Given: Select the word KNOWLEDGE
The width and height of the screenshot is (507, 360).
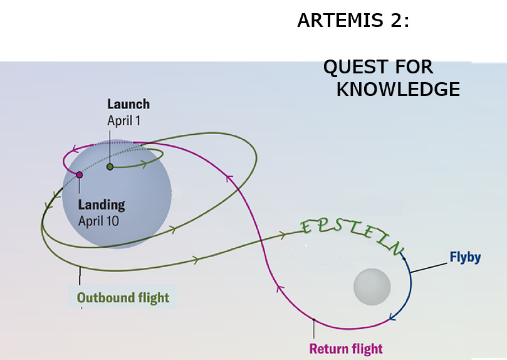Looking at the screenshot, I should (398, 90).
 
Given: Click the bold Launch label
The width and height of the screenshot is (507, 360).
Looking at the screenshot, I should (128, 104).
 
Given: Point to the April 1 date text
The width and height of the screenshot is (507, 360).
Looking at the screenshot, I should (124, 120).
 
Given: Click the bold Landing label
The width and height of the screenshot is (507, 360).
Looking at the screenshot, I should (102, 204).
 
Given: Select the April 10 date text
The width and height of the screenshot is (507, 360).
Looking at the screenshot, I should (98, 221).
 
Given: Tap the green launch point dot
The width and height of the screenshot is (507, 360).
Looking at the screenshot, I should (110, 167).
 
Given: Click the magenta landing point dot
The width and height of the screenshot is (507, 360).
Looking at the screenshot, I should (79, 175).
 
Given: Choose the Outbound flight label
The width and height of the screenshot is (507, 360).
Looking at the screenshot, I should (123, 297).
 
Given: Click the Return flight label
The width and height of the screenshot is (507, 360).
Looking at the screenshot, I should (346, 349).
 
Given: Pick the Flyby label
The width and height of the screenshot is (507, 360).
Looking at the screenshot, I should (465, 257).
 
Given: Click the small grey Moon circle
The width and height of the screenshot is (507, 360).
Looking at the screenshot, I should (372, 287).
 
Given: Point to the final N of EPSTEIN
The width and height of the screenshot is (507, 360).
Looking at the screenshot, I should (397, 250).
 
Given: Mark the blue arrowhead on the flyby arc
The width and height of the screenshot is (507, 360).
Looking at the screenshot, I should (393, 317).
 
